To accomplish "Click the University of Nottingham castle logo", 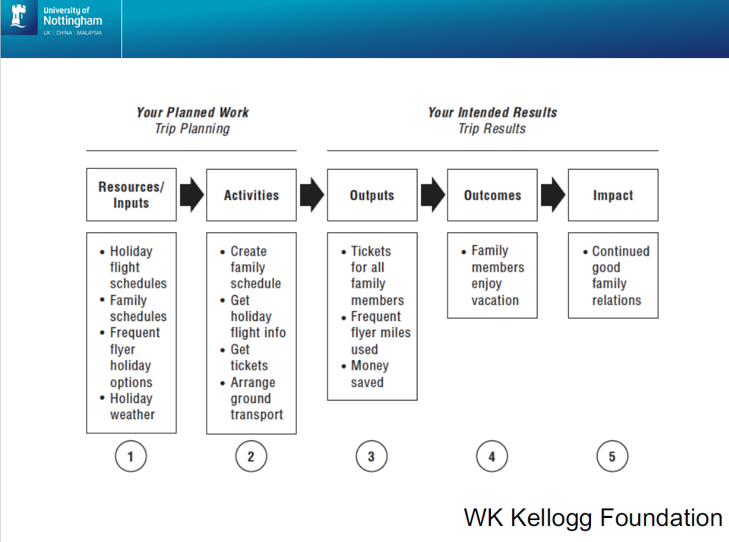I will tap(19, 19).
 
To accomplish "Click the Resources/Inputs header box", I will tap(131, 195).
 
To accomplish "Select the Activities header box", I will tap(251, 195).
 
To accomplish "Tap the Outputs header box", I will tap(372, 195).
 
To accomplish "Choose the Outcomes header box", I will tap(492, 195).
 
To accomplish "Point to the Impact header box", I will tap(613, 195).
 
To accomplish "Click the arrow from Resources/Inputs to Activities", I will tap(191, 195).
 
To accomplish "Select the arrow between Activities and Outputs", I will tap(311, 195).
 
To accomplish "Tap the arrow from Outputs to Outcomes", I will tap(432, 195).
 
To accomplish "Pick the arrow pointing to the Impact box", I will tap(552, 195).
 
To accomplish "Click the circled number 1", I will tap(131, 457).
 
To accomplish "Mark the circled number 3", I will tap(372, 457).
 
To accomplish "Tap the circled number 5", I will tap(612, 457).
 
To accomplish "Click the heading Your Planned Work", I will tap(192, 112).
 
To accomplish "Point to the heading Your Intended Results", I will tap(492, 112).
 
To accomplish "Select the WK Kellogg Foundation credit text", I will tap(593, 517).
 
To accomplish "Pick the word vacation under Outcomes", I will tap(495, 300).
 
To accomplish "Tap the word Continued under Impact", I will tap(620, 252).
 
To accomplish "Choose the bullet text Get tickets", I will tap(248, 357).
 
